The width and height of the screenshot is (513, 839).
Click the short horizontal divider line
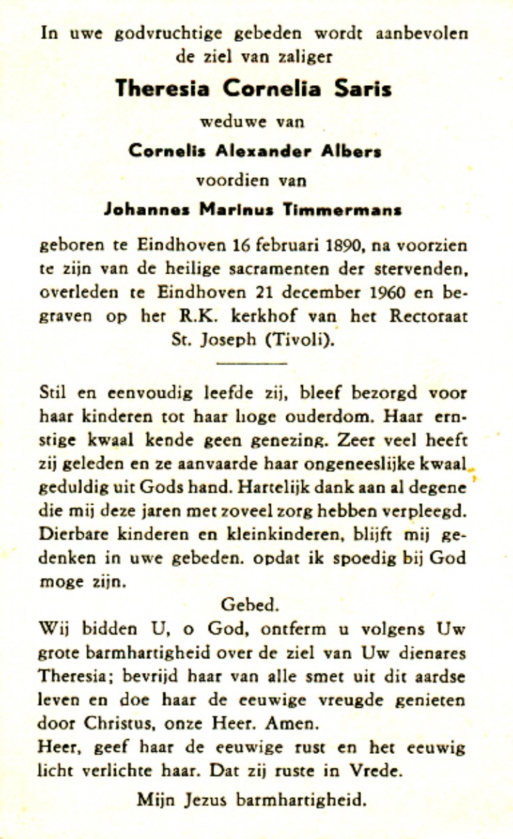pos(252,363)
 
